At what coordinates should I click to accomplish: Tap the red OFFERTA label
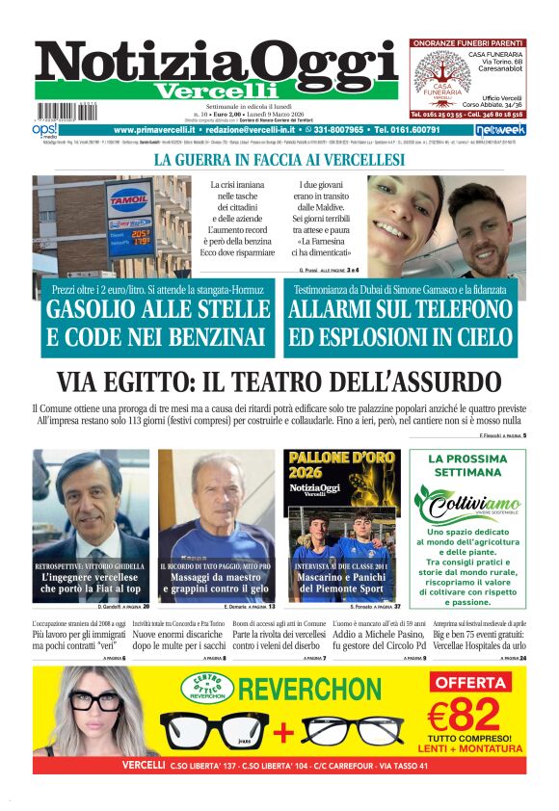tap(470, 682)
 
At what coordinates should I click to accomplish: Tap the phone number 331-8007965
tap(336, 129)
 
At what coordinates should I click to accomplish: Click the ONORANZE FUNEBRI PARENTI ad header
tap(467, 43)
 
